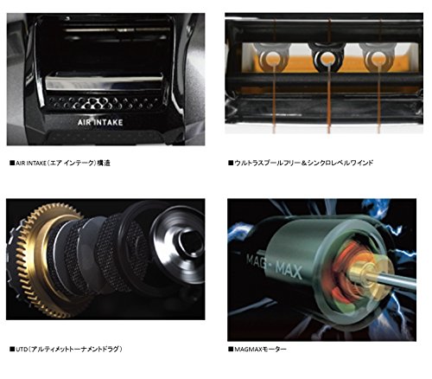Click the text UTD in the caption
click(21, 349)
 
